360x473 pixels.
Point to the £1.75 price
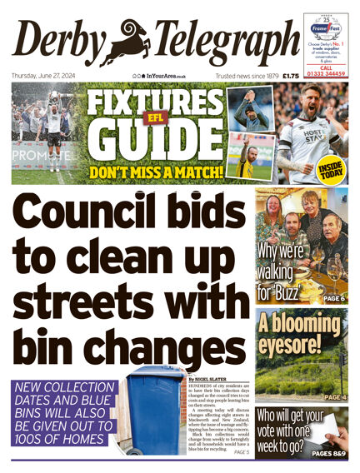coord(291,76)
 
